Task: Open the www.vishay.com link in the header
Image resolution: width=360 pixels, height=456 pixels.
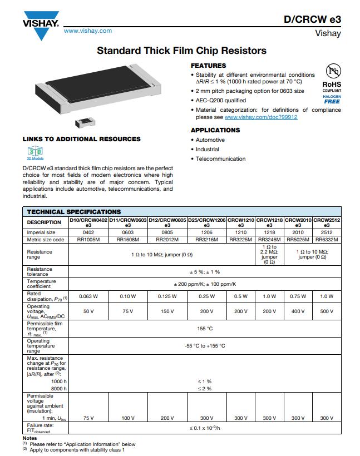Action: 88,31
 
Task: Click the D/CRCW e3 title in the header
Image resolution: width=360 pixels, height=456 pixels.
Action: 312,19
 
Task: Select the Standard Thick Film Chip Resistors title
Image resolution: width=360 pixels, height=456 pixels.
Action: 181,51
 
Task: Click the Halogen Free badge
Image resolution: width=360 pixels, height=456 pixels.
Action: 332,99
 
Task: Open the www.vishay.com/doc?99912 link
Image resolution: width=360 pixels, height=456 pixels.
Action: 261,117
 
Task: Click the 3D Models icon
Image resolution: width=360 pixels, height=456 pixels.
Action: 35,152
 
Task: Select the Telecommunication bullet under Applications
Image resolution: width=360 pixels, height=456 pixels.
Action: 220,159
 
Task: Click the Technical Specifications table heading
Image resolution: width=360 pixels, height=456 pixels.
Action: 74,212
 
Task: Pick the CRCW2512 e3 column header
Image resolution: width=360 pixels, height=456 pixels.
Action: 327,222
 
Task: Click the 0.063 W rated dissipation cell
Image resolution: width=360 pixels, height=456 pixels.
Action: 88,296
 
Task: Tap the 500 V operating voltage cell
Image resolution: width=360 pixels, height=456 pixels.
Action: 327,311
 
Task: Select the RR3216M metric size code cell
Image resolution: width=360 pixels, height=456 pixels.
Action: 206,240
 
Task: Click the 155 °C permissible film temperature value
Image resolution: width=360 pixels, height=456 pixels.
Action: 205,329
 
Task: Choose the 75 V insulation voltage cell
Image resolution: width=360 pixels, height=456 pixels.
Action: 88,418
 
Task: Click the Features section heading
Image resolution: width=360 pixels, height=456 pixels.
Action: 208,66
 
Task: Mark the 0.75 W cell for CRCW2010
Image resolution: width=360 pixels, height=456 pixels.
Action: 298,296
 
